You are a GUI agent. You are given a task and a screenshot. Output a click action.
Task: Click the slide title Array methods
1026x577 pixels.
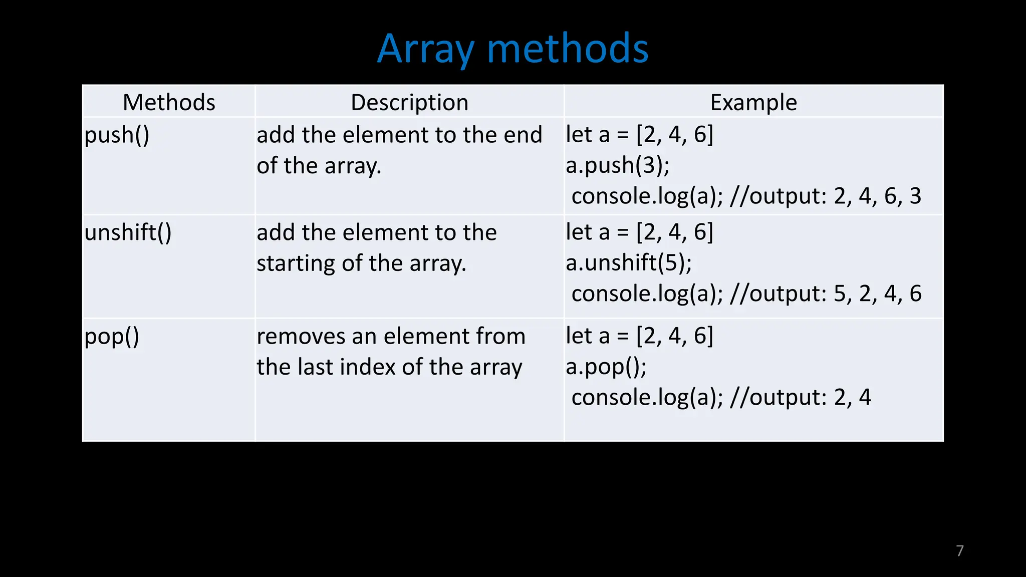[512, 49]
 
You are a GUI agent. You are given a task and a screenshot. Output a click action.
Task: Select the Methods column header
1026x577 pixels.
[169, 102]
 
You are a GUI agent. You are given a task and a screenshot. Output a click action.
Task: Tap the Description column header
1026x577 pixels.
[409, 102]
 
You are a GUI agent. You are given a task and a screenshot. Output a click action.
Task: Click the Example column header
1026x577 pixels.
[753, 102]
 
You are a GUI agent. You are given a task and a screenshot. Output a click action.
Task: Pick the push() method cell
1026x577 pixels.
[117, 135]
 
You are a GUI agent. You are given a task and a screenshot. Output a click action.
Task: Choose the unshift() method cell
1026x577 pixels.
[128, 233]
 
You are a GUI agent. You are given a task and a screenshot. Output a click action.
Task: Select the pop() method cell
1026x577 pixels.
[111, 337]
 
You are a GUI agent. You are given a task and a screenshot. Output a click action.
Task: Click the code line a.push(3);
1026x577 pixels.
[617, 165]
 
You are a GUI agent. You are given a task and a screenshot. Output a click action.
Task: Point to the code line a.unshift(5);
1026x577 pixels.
[628, 263]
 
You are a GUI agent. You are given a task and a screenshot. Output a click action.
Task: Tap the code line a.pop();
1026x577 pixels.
[606, 367]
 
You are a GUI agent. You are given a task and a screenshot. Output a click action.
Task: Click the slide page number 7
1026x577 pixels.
[959, 550]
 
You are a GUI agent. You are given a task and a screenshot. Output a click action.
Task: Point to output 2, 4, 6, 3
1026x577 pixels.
[877, 196]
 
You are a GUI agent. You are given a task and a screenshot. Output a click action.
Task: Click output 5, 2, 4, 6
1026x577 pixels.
[877, 294]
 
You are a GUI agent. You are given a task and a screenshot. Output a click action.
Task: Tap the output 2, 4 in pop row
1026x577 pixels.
[852, 398]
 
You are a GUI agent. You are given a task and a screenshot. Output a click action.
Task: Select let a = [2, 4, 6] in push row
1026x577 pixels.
[639, 135]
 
